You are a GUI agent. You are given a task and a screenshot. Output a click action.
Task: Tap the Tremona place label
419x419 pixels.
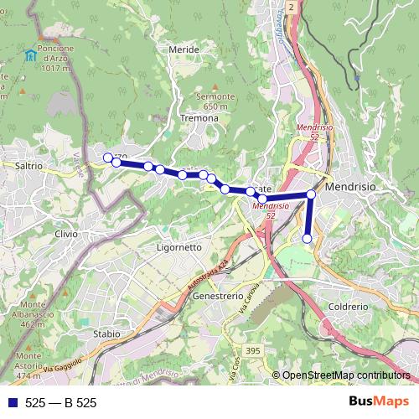[199, 118]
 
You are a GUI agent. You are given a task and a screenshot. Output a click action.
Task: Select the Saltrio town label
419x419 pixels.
[28, 166]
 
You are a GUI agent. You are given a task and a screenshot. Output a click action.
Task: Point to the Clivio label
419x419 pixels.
[65, 234]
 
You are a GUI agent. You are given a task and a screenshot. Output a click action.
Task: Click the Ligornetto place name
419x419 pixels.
[179, 248]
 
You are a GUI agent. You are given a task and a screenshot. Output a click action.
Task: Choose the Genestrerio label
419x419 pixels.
[218, 297]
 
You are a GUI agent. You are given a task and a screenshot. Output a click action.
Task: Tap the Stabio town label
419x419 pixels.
[107, 333]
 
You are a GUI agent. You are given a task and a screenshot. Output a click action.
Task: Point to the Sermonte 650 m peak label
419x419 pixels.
[209, 101]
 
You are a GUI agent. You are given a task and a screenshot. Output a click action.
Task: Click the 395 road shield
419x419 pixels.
[253, 349]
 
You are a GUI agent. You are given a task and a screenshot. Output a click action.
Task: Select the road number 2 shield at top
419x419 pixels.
[291, 6]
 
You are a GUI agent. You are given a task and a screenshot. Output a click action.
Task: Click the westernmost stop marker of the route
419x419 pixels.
[107, 157]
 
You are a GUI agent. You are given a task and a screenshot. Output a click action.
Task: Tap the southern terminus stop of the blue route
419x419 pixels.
[307, 239]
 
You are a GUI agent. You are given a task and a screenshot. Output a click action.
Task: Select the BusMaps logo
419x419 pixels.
[378, 402]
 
